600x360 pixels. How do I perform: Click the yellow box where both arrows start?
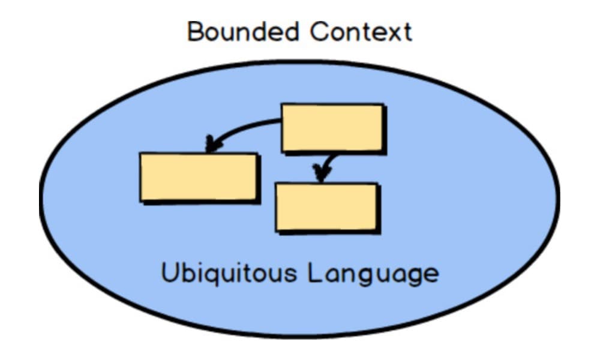coord(333,128)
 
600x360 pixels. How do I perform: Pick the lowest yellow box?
coord(327,208)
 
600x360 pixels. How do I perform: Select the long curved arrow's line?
coord(240,128)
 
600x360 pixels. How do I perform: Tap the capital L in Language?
coord(314,272)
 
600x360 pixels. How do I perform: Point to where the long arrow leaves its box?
coord(281,122)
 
